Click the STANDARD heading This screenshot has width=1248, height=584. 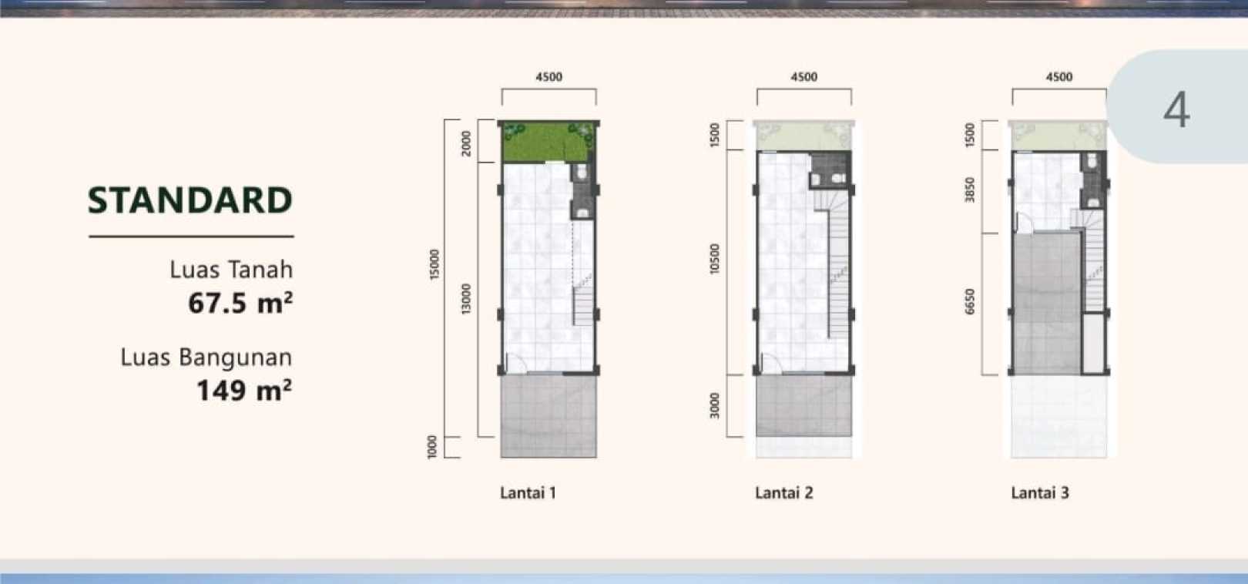point(190,200)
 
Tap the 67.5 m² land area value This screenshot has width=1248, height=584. point(240,303)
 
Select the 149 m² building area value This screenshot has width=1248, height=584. point(244,390)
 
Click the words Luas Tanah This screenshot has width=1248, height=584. point(231,270)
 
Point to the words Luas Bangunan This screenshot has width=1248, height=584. point(206,357)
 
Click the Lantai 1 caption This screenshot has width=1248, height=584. point(528,492)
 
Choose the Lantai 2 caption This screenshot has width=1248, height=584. point(784,492)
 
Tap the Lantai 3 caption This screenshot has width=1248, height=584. point(1040,492)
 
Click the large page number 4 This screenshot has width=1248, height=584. point(1176,109)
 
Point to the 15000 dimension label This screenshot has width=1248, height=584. point(434,265)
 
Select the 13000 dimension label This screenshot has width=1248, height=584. point(466,299)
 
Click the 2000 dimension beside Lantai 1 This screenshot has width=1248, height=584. point(466,143)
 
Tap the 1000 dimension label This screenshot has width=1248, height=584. point(432,447)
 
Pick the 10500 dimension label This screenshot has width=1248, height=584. point(715,259)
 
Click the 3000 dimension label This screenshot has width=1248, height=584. point(715,406)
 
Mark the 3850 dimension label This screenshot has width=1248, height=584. point(970,190)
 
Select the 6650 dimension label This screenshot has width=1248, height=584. point(970,301)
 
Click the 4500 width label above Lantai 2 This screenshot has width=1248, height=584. point(804,77)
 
